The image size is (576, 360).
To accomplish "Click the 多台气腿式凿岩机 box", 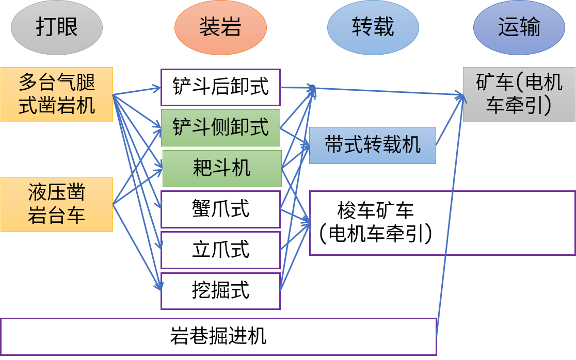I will coord(57,94).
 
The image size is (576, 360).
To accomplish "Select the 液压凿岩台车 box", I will coord(57,204).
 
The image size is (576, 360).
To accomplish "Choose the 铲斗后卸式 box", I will coord(220,87).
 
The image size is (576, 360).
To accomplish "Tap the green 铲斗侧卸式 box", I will coord(220,127).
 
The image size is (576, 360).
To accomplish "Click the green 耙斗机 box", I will coord(222,168).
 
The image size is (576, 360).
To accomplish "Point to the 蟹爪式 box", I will coord(220,209).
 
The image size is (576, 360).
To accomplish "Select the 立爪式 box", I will coord(220,250).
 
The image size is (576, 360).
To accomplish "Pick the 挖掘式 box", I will coord(220,291).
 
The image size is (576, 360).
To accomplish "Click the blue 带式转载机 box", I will coord(372,145).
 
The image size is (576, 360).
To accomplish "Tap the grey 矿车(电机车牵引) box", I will coord(519,94).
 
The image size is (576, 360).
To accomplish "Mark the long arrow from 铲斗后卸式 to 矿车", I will coord(387,91).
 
